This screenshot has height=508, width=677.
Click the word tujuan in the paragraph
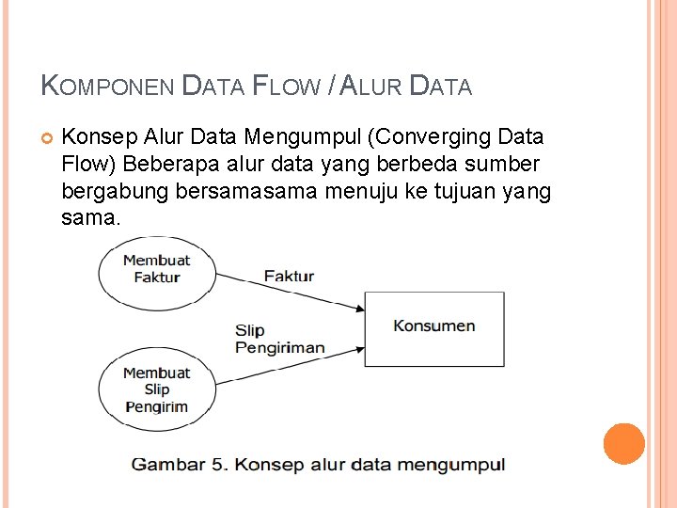[x=464, y=193]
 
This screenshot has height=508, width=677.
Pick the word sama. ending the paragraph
[x=91, y=219]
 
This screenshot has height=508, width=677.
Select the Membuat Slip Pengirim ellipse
[x=156, y=389]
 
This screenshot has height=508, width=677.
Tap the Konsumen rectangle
[x=433, y=327]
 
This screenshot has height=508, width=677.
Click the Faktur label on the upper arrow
[x=289, y=277]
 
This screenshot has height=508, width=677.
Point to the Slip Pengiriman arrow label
[x=279, y=339]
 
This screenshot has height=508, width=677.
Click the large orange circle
[x=623, y=444]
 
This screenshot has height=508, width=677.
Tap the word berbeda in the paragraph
[x=435, y=165]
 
